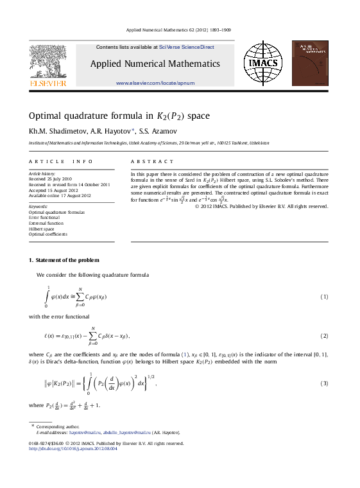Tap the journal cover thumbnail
(310, 64)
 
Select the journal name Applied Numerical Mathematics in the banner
(155, 64)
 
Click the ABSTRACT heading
(152, 162)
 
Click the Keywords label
(39, 206)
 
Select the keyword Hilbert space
(42, 229)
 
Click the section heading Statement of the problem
(67, 259)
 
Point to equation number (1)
(324, 297)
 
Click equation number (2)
(324, 336)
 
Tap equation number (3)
(324, 384)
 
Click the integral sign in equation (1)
(47, 297)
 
